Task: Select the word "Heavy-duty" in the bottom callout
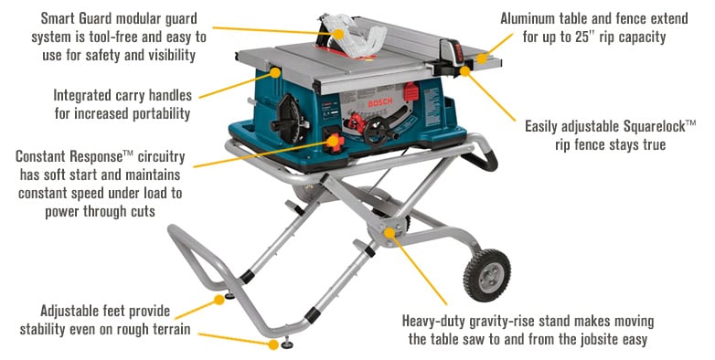point(443,321)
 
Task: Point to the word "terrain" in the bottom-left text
point(167,329)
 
